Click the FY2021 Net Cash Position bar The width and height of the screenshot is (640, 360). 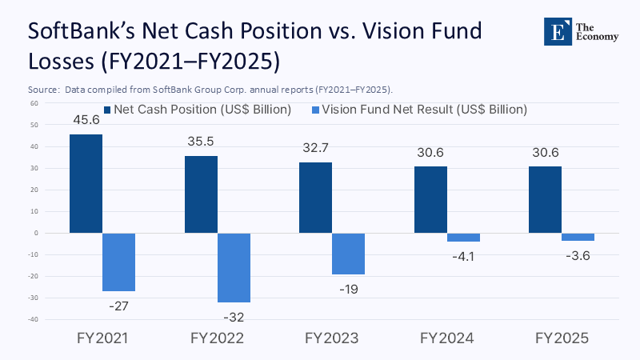(x=86, y=183)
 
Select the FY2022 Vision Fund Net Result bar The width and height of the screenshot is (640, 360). (x=234, y=267)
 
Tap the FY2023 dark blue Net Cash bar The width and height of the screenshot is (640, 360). (x=315, y=198)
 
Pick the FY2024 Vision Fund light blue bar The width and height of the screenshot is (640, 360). (x=463, y=237)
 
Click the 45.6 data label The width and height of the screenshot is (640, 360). (x=86, y=121)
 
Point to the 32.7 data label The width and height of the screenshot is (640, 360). (x=315, y=149)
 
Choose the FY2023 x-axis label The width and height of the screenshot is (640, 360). (x=331, y=338)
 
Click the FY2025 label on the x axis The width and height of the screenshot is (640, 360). (x=562, y=338)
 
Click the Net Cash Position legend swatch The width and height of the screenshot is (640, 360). (x=107, y=110)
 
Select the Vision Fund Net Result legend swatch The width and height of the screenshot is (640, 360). (x=314, y=110)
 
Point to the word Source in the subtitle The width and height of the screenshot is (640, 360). (x=44, y=89)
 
